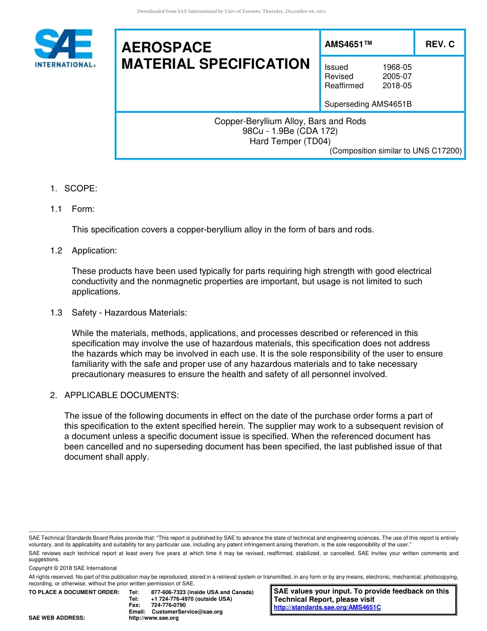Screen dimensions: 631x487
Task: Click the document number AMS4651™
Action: (x=348, y=45)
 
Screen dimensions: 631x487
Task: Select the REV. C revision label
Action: (x=440, y=45)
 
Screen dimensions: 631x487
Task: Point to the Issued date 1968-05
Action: (x=397, y=67)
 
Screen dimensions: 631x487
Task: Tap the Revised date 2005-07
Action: (x=397, y=76)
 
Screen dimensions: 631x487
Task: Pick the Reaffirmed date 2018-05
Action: (x=397, y=86)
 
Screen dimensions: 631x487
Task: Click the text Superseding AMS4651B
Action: (x=368, y=104)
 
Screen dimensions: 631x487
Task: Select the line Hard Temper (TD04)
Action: (x=290, y=141)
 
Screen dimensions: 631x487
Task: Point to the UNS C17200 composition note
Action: (x=395, y=151)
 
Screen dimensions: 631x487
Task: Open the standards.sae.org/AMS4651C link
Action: (x=327, y=607)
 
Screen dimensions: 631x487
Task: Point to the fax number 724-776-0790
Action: (x=168, y=605)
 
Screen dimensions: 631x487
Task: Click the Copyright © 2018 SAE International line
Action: (x=73, y=568)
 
